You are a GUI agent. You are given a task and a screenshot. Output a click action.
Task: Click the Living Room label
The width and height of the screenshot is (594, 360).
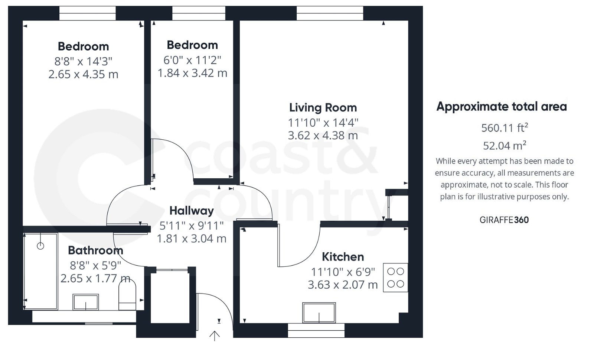pyautogui.click(x=323, y=108)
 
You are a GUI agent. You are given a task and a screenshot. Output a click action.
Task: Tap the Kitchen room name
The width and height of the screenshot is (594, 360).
pyautogui.click(x=343, y=257)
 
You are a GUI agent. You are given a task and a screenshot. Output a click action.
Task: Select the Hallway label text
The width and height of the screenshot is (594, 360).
pyautogui.click(x=192, y=211)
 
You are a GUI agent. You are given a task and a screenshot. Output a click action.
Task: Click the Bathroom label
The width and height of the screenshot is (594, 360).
pyautogui.click(x=95, y=250)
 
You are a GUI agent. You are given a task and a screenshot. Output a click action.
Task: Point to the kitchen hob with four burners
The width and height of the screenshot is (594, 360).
pyautogui.click(x=395, y=278)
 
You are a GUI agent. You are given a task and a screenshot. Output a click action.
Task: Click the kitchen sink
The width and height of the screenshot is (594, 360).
pyautogui.click(x=319, y=312)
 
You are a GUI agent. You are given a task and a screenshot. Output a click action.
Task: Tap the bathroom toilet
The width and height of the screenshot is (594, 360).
pyautogui.click(x=127, y=296)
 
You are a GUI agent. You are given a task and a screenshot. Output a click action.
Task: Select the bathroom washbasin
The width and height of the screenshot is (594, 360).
pyautogui.click(x=86, y=302)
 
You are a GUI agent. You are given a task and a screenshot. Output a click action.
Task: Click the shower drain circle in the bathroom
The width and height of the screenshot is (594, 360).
pyautogui.click(x=40, y=246)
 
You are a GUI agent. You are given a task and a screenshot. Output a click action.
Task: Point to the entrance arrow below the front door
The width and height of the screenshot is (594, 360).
pyautogui.click(x=215, y=335)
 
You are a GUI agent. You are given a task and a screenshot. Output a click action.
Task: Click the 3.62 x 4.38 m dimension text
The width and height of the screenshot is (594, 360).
pyautogui.click(x=323, y=135)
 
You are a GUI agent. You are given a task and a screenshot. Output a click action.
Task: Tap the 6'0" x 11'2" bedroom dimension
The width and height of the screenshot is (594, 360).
pyautogui.click(x=192, y=59)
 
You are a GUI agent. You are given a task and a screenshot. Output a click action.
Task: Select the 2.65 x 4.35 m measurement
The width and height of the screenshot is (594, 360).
pyautogui.click(x=83, y=74)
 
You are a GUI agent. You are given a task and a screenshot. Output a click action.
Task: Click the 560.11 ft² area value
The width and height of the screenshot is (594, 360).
pyautogui.click(x=504, y=128)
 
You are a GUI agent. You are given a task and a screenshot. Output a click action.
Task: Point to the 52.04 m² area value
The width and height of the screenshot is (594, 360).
pyautogui.click(x=504, y=145)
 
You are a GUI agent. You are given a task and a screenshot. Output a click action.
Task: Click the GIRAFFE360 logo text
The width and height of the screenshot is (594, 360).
pyautogui.click(x=504, y=220)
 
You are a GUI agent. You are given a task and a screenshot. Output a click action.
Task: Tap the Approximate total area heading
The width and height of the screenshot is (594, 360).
pyautogui.click(x=502, y=107)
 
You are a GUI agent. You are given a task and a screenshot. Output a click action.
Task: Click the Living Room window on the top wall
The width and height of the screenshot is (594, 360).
pyautogui.click(x=330, y=14)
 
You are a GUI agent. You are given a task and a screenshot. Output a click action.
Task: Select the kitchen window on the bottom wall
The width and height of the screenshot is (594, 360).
pyautogui.click(x=316, y=330)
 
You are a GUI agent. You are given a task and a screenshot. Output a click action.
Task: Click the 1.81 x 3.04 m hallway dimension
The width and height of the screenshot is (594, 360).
pyautogui.click(x=192, y=239)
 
